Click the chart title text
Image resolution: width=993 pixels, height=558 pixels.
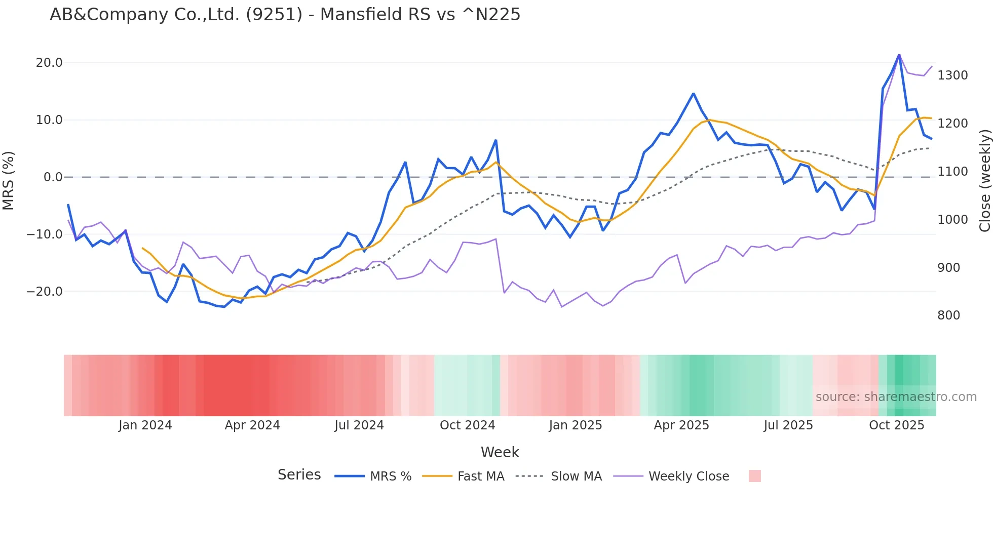coord(285,15)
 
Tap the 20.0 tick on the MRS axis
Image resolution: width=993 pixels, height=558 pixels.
coord(49,63)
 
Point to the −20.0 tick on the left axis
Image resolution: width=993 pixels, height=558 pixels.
coord(45,292)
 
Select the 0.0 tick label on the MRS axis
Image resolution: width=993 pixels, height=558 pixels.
coord(53,177)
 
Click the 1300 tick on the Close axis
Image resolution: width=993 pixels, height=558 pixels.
coord(952,75)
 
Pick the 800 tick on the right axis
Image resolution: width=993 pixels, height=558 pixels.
coord(949,315)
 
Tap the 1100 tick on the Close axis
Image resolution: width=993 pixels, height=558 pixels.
coord(952,172)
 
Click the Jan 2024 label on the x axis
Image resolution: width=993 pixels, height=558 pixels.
coord(145,425)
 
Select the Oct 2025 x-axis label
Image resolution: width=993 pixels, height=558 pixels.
coord(896,425)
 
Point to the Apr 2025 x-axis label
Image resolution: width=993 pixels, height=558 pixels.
coord(681,425)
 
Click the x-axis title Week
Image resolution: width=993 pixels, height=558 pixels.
coord(500,452)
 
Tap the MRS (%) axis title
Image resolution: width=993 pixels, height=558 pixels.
coord(9,180)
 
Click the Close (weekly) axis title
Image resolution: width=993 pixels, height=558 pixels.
coord(984,181)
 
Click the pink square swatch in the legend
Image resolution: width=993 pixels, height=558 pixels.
coord(754,476)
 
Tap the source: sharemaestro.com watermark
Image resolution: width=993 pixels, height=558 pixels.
coord(896,397)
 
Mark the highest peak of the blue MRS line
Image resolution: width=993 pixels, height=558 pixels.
coord(899,55)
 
